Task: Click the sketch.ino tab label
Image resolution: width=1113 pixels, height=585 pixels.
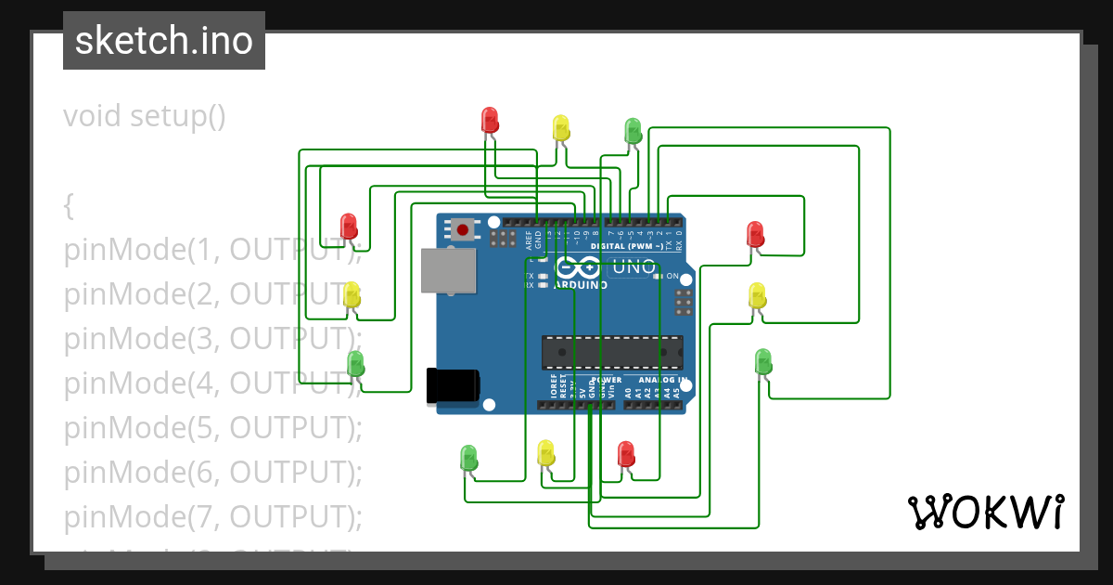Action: point(164,41)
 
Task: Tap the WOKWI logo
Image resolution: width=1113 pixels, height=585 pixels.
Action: point(985,512)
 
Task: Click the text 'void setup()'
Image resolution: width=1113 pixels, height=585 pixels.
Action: point(145,116)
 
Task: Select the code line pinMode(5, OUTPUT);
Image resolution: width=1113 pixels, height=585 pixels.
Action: point(212,427)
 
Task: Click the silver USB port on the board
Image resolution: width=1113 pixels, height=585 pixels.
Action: point(449,271)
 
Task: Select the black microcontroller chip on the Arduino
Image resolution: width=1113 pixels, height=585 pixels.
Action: point(612,353)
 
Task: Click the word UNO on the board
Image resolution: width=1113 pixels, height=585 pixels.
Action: point(634,268)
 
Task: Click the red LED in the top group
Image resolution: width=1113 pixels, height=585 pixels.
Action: point(490,120)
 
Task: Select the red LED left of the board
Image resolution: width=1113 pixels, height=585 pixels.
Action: point(349,226)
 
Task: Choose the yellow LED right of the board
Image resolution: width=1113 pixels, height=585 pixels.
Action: point(757,295)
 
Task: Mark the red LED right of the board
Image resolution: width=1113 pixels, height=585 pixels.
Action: point(756,233)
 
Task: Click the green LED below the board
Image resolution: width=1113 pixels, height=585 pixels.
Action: point(469,457)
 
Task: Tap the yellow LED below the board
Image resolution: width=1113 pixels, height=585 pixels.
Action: point(546,453)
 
